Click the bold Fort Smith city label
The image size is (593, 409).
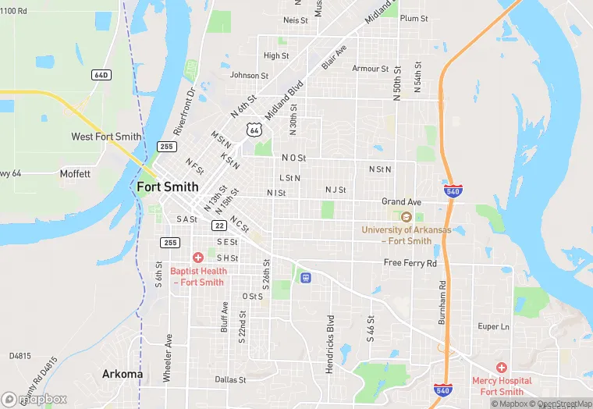pyautogui.click(x=167, y=187)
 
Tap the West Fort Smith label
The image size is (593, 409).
pyautogui.click(x=107, y=137)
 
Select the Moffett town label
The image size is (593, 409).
pyautogui.click(x=75, y=173)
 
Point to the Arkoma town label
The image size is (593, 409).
pyautogui.click(x=123, y=374)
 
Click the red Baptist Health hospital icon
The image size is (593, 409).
pyautogui.click(x=198, y=257)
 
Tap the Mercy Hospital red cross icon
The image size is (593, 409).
pyautogui.click(x=501, y=366)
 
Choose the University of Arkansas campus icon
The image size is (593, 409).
pyautogui.click(x=406, y=216)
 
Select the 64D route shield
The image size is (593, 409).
pyautogui.click(x=101, y=75)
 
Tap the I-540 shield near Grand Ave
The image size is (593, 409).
pyautogui.click(x=453, y=190)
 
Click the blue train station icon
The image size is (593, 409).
pyautogui.click(x=305, y=276)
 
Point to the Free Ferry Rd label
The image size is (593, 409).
pyautogui.click(x=410, y=263)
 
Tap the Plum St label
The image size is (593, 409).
pyautogui.click(x=414, y=18)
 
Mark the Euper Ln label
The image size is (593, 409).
pyautogui.click(x=493, y=326)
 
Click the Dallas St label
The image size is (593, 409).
pyautogui.click(x=230, y=380)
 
